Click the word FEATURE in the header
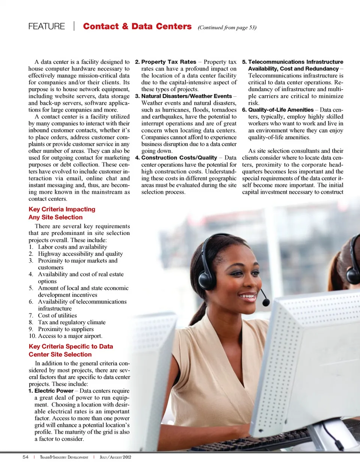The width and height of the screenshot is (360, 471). click(46, 26)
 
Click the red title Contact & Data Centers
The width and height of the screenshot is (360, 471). click(137, 26)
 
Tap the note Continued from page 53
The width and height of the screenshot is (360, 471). click(227, 27)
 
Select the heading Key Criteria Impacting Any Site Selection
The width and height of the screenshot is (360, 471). click(61, 213)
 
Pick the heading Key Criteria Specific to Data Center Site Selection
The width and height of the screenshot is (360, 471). click(70, 350)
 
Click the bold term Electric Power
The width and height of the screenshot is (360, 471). click(54, 391)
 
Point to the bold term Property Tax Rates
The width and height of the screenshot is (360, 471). click(168, 62)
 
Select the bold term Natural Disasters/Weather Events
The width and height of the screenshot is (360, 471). click(186, 96)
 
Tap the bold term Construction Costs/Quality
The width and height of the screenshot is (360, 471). click(179, 158)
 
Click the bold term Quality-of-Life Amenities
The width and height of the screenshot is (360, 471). click(280, 110)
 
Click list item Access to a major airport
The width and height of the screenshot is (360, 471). click(70, 336)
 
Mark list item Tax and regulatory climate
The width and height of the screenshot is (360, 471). click(71, 322)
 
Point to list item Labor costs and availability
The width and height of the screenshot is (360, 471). click(72, 247)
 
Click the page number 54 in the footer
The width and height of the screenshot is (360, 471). click(25, 457)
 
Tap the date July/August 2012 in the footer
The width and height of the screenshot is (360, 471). click(115, 457)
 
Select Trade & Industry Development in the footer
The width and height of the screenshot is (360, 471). click(64, 457)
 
